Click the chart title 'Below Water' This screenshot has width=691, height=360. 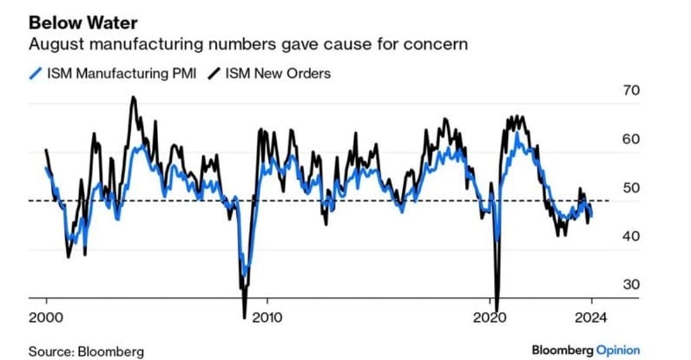pyautogui.click(x=83, y=23)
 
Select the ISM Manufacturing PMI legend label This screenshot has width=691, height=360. pyautogui.click(x=122, y=73)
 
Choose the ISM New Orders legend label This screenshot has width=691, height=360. pyautogui.click(x=278, y=73)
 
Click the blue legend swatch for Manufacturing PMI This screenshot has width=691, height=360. pyautogui.click(x=36, y=73)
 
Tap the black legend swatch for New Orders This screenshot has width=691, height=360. pyautogui.click(x=214, y=73)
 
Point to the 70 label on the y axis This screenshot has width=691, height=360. pyautogui.click(x=631, y=90)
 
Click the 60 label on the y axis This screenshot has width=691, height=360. pyautogui.click(x=631, y=140)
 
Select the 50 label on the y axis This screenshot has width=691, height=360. pyautogui.click(x=631, y=187)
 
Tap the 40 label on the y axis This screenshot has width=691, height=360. pyautogui.click(x=631, y=236)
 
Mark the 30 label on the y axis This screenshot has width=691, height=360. pyautogui.click(x=631, y=285)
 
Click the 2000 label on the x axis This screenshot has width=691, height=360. pyautogui.click(x=46, y=317)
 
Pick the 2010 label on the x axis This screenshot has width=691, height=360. pyautogui.click(x=267, y=317)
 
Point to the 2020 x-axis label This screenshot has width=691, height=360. pyautogui.click(x=490, y=317)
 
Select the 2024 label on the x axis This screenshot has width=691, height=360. pyautogui.click(x=590, y=317)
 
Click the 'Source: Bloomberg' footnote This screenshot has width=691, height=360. pyautogui.click(x=87, y=351)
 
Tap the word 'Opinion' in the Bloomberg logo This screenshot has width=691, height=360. pyautogui.click(x=618, y=350)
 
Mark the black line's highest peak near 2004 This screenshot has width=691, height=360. pyautogui.click(x=134, y=97)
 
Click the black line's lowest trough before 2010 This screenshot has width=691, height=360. pyautogui.click(x=245, y=317)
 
